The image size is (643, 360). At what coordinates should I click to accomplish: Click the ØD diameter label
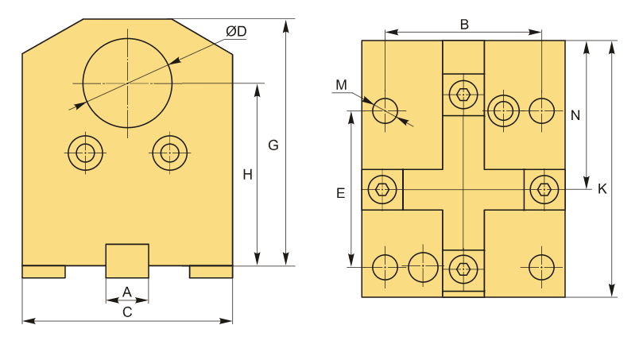[x=236, y=31]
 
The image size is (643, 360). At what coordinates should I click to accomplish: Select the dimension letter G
[x=273, y=145]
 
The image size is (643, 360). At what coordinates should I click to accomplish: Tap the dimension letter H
[x=247, y=175]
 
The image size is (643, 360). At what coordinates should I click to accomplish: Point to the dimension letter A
[x=127, y=292]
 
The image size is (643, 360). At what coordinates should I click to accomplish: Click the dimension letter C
[x=127, y=312]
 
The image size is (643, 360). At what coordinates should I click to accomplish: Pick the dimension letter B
[x=464, y=25]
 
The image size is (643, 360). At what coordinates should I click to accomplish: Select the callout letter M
[x=341, y=85]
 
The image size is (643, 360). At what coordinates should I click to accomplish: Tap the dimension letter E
[x=340, y=193]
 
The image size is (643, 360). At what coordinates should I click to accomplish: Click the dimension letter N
[x=575, y=115]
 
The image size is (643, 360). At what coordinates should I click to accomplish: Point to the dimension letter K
[x=602, y=189]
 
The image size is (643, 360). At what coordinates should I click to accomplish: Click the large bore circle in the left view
[x=127, y=83]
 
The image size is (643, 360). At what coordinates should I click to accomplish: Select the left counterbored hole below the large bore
[x=85, y=153]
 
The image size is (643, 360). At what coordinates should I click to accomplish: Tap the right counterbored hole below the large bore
[x=170, y=153]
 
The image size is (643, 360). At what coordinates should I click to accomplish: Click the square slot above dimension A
[x=127, y=261]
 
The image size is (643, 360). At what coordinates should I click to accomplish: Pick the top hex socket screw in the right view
[x=463, y=95]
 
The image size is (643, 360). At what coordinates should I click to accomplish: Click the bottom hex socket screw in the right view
[x=463, y=269]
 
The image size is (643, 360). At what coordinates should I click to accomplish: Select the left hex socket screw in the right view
[x=382, y=189]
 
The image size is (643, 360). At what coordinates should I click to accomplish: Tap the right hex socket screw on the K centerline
[x=544, y=189]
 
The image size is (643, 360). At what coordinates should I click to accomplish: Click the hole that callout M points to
[x=385, y=110]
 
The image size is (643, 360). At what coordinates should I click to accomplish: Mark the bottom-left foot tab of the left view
[x=44, y=272]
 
